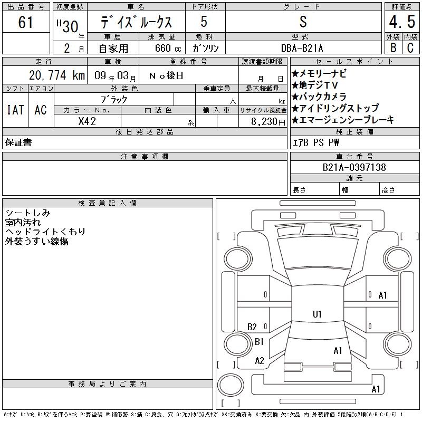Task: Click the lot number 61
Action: coord(25,22)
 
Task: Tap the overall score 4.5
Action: coord(402,22)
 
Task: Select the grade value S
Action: coord(303,22)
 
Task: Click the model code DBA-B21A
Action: coord(302,48)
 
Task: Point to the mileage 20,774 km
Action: coord(57,75)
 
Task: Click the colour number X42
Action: coord(87,121)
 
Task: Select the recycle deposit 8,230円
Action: coord(268,122)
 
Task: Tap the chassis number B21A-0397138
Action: coord(354,167)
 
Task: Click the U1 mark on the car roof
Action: coord(317,314)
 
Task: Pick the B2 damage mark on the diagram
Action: coord(252,327)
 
